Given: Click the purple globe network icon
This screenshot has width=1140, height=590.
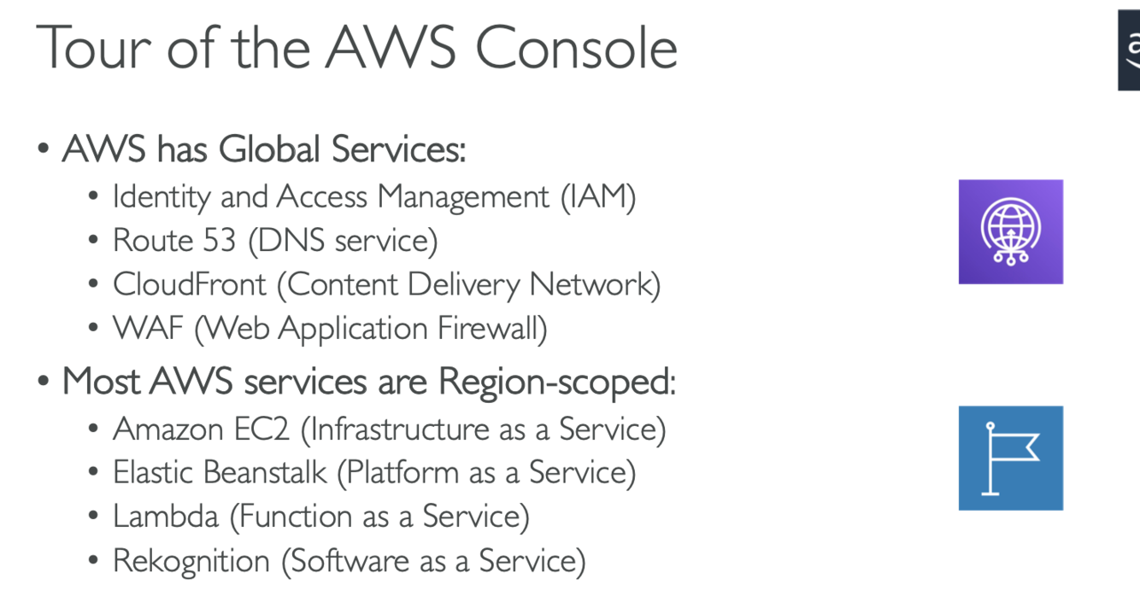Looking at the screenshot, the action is tap(1010, 231).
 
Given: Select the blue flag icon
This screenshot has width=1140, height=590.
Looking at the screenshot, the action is tap(1010, 458).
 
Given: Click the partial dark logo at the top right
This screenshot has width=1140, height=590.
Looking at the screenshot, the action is tap(1129, 50).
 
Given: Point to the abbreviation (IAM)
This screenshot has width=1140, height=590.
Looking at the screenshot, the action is tap(598, 197).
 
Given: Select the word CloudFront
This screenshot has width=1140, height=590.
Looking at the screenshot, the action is tap(190, 284).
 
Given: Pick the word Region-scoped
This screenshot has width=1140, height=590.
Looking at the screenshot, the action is tap(556, 381).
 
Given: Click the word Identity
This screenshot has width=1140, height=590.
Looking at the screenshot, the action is tap(162, 197).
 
